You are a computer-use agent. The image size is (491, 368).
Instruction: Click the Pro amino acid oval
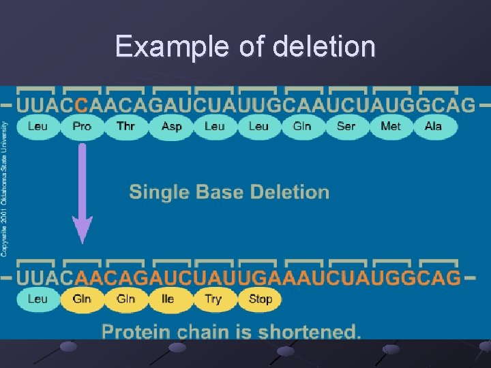point(82,126)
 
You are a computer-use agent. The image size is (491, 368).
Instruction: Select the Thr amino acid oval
point(125,126)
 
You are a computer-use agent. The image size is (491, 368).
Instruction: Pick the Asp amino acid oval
point(171,126)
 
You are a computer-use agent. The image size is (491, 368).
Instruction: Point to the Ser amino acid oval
point(346,126)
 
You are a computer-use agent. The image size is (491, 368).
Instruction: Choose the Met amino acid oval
point(390,126)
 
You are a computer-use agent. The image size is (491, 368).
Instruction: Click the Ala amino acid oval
point(433,126)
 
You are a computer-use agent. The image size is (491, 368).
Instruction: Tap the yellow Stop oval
point(261,298)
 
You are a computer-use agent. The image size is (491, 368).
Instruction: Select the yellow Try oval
point(213,298)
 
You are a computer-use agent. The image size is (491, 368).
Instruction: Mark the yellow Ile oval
point(168,298)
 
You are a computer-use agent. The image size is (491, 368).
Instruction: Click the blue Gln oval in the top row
point(302,126)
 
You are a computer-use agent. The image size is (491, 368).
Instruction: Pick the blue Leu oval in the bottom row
point(38,298)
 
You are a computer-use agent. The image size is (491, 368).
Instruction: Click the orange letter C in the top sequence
point(81,105)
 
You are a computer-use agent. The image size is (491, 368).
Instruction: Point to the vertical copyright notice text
point(5,189)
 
